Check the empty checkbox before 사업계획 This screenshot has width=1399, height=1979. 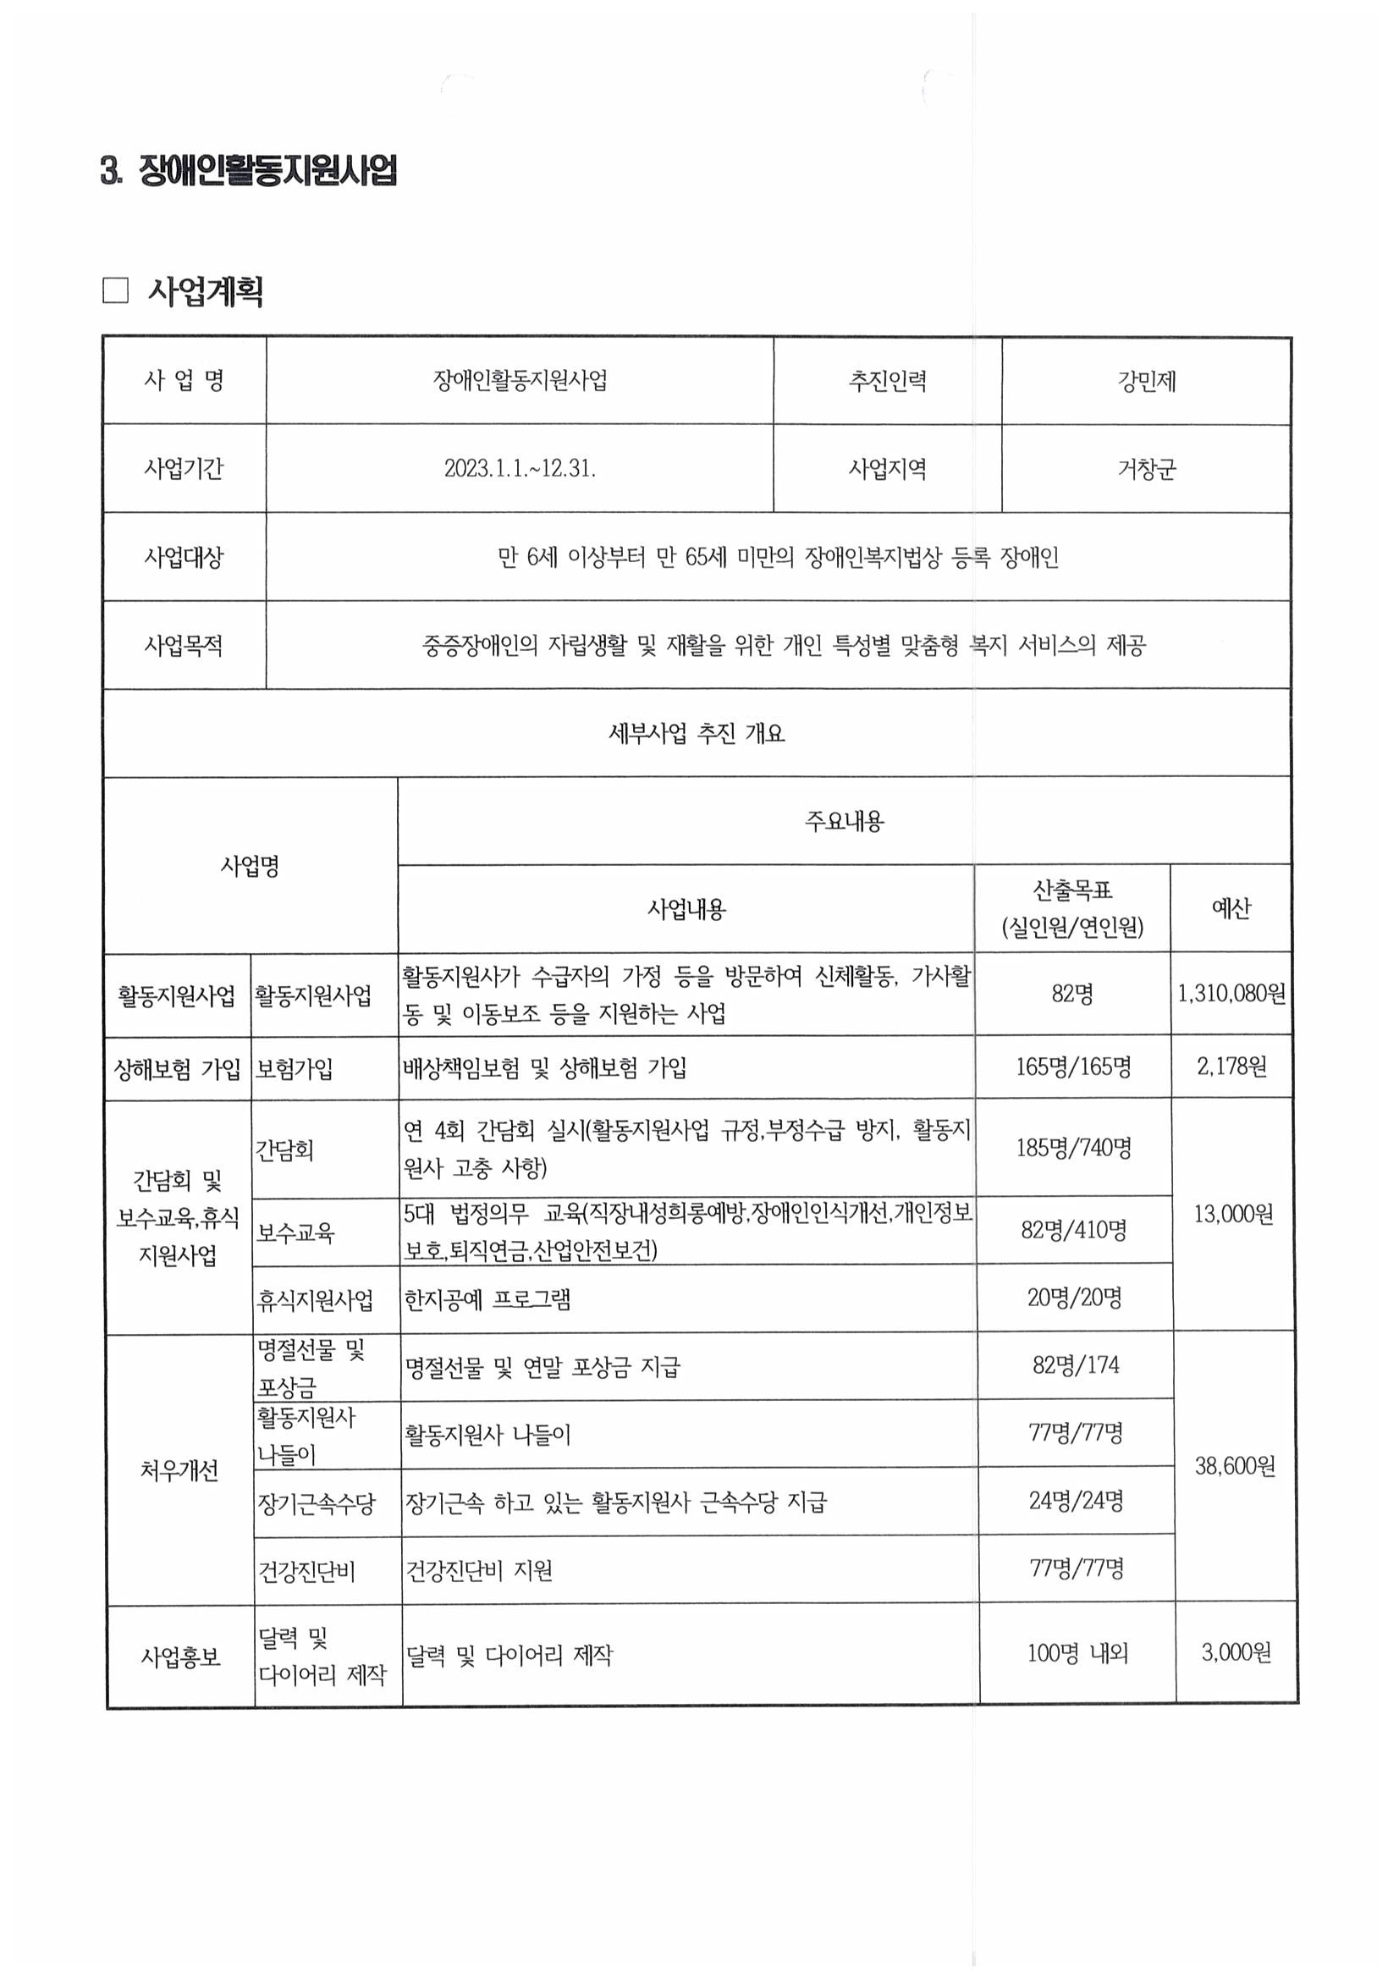(114, 291)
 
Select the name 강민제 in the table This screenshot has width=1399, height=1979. (1146, 381)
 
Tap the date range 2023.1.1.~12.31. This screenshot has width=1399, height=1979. (520, 469)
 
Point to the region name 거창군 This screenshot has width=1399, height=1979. (1146, 470)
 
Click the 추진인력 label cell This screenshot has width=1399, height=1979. (887, 381)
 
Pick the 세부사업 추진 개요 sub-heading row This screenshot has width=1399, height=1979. (697, 734)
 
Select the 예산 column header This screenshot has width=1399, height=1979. (1230, 908)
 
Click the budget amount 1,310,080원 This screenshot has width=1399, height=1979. (1231, 994)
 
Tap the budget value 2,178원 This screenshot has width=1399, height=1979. (1231, 1067)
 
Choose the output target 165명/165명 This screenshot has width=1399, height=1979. (1072, 1067)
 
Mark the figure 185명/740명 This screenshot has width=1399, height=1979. (1073, 1147)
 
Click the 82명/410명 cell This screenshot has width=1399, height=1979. (1073, 1230)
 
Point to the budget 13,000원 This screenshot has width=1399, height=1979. (1232, 1215)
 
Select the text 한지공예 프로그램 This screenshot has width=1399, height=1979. (487, 1299)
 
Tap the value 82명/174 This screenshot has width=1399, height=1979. (1075, 1365)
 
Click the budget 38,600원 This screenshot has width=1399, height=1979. (1234, 1466)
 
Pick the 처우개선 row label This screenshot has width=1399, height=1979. (179, 1470)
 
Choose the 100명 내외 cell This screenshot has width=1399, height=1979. (1077, 1653)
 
